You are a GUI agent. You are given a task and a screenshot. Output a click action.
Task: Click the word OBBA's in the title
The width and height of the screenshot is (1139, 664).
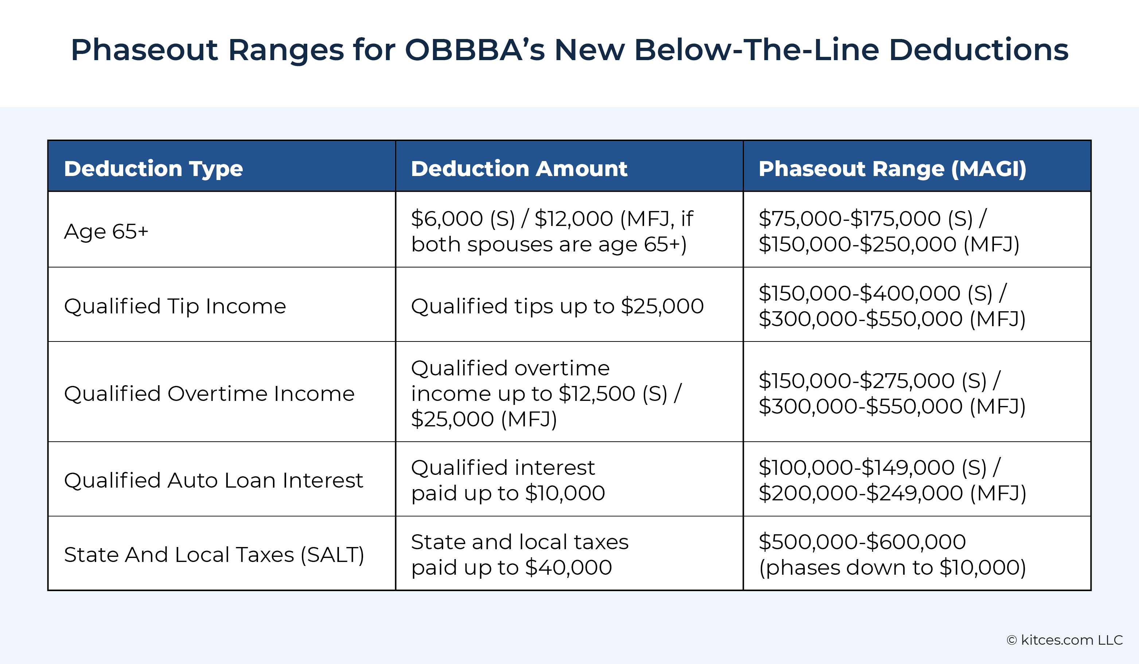click(475, 50)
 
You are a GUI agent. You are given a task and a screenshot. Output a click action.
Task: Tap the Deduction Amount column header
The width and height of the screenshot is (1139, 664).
click(519, 169)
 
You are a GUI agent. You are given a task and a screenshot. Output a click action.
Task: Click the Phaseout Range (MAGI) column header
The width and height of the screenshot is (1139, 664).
click(892, 169)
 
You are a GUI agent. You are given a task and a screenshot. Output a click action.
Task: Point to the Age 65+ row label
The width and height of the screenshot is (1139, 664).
click(106, 231)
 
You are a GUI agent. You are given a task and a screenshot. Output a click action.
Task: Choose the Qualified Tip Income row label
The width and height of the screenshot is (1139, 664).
click(175, 306)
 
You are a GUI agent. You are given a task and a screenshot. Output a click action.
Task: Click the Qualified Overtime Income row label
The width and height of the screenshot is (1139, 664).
click(209, 393)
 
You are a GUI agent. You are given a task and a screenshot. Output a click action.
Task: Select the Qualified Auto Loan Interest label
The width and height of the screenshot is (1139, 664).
click(213, 480)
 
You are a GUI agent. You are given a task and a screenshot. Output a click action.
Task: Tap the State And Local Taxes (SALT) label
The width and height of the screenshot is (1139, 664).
click(214, 555)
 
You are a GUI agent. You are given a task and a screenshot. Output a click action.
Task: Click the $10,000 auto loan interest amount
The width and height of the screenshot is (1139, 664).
click(565, 493)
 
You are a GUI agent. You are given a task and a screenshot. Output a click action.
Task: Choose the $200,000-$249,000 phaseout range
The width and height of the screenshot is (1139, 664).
click(861, 493)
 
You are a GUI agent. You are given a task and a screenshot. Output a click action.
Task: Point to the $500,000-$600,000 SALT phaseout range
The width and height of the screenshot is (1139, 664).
click(862, 542)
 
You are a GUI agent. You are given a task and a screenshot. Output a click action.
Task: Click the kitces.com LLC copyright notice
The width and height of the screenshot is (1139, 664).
click(1064, 640)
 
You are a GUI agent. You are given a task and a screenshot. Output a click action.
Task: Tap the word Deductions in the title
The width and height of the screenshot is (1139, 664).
click(979, 50)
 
